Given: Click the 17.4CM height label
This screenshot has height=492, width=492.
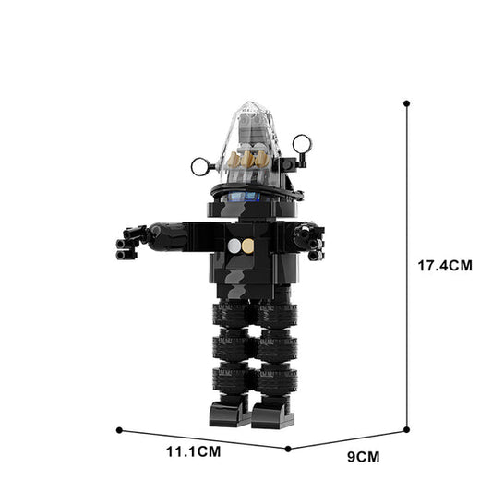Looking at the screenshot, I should point(445,265).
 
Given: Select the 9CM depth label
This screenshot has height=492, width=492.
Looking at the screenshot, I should point(363,455).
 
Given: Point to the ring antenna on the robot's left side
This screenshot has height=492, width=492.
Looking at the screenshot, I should point(201,166).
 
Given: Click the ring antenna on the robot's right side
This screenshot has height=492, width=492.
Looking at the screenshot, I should point(302,143).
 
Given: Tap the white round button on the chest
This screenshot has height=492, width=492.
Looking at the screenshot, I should point(235,246).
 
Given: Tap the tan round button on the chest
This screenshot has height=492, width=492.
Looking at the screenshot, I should point(247,246).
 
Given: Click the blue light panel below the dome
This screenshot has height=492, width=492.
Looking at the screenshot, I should point(244,197).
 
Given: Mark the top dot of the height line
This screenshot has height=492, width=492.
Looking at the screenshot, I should point(406,103).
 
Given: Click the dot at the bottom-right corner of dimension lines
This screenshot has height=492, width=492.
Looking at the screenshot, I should point(406,429).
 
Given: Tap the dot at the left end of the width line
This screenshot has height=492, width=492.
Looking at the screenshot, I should point(120,429).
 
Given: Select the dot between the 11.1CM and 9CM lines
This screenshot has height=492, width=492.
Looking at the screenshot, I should point(289,449).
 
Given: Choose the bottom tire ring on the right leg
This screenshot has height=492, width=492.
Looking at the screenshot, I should point(276,378).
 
